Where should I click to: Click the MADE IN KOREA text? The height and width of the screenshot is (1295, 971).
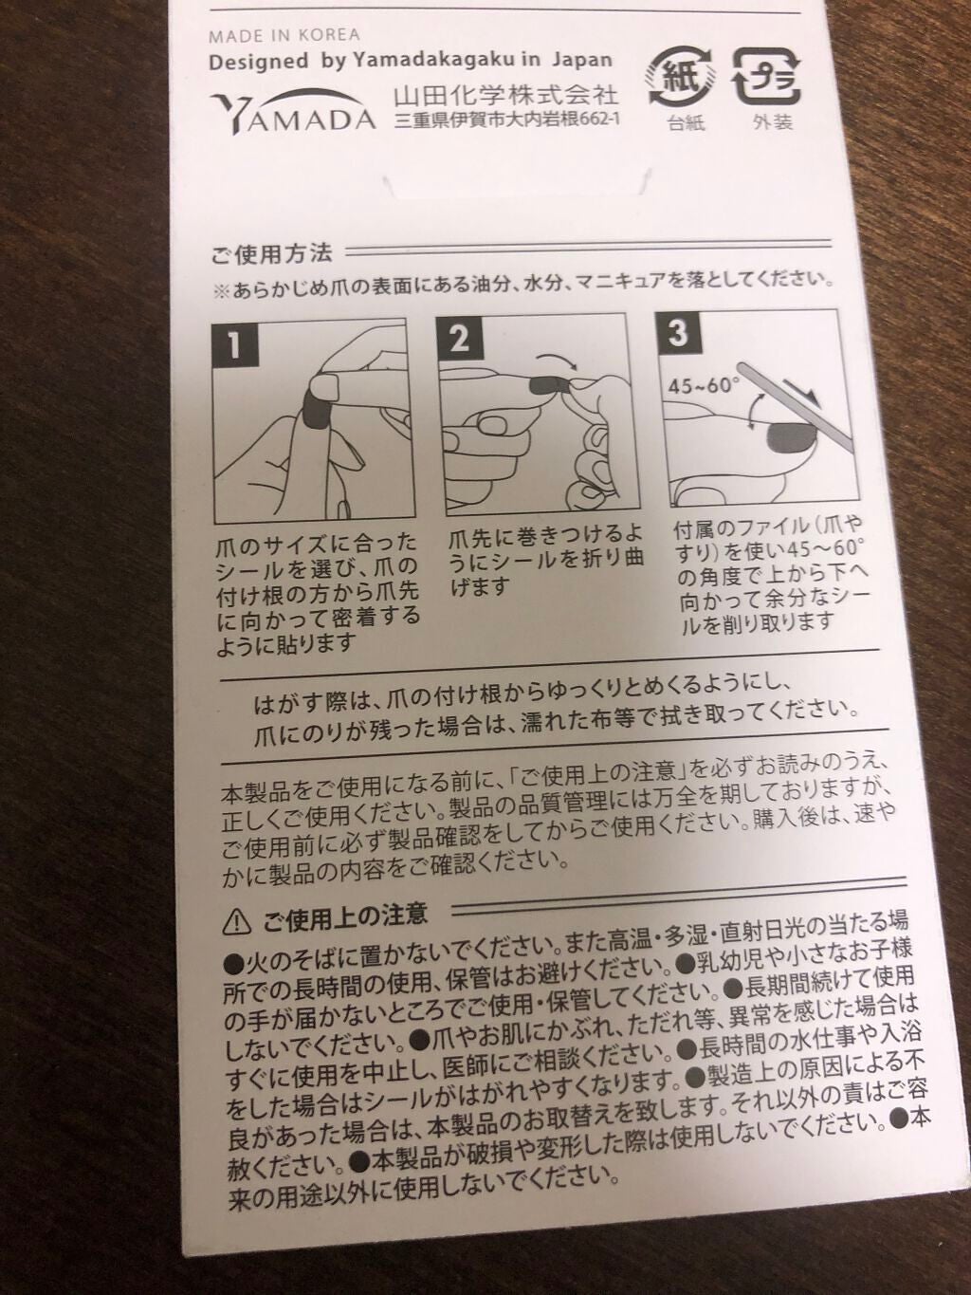click(284, 35)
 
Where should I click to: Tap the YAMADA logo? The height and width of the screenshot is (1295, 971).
click(293, 112)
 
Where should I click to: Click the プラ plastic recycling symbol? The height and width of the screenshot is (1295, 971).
click(766, 77)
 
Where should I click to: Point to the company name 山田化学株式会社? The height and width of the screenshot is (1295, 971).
click(506, 95)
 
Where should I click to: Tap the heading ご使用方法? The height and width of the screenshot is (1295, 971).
click(271, 254)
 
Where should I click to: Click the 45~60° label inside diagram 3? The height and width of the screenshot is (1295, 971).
click(704, 386)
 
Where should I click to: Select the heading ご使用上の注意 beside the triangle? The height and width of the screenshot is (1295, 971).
click(345, 916)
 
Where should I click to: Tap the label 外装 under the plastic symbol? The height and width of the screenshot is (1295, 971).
click(772, 122)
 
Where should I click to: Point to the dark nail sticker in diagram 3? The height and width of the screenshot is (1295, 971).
click(793, 440)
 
